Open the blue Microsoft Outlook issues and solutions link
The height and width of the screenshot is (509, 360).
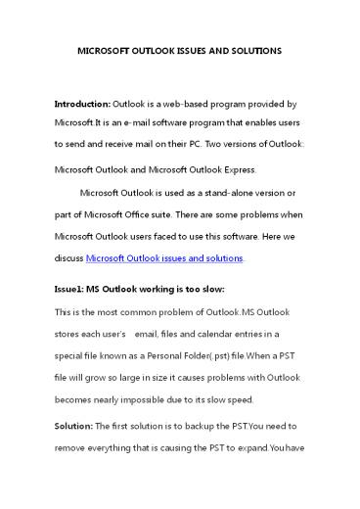[x=164, y=258]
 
